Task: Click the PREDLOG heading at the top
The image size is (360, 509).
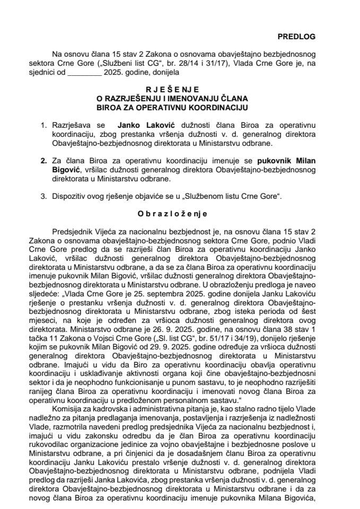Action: [296, 37]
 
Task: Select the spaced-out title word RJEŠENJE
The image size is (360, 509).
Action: [180, 90]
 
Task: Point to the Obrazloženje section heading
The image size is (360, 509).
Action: [180, 214]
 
